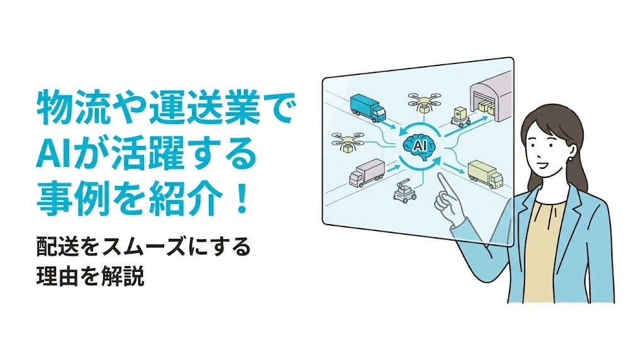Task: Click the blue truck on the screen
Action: click(368, 108)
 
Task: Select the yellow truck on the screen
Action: click(485, 175)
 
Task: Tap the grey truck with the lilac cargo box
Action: click(367, 173)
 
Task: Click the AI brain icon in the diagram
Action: click(419, 145)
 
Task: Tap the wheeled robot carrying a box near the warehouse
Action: click(461, 116)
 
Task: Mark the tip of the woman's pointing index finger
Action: click(439, 175)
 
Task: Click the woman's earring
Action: click(571, 158)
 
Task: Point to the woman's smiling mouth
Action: click(541, 164)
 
